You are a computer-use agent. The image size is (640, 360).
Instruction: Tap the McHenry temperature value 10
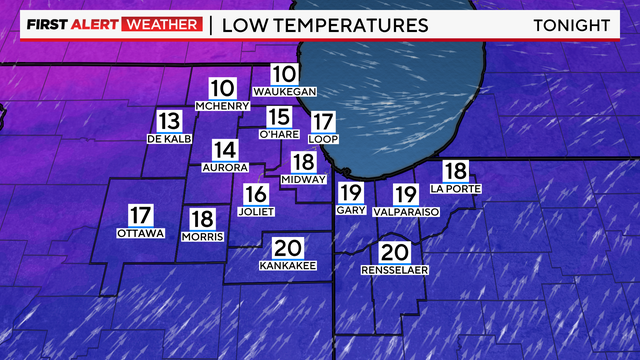tap(223, 88)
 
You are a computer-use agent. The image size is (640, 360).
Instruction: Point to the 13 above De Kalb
tap(168, 120)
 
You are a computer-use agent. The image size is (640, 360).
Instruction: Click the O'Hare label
tap(279, 134)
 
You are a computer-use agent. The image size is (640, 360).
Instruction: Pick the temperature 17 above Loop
tap(322, 121)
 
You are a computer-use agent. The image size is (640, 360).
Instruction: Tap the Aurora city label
tap(224, 167)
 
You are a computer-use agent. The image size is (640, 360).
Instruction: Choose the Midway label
tap(304, 180)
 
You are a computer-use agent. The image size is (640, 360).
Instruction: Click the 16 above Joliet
tap(256, 194)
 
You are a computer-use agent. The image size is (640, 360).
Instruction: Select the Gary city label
tap(349, 211)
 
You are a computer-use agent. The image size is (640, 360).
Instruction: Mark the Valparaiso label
tap(405, 212)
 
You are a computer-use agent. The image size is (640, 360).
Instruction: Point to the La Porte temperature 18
tap(455, 171)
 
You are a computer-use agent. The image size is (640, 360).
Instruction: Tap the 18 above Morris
tap(202, 218)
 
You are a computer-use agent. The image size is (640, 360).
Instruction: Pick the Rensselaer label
tap(394, 271)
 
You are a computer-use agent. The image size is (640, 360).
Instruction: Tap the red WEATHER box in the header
tap(161, 24)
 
